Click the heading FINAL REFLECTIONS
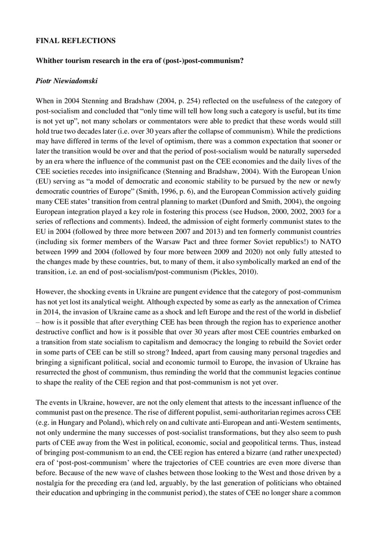75,40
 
